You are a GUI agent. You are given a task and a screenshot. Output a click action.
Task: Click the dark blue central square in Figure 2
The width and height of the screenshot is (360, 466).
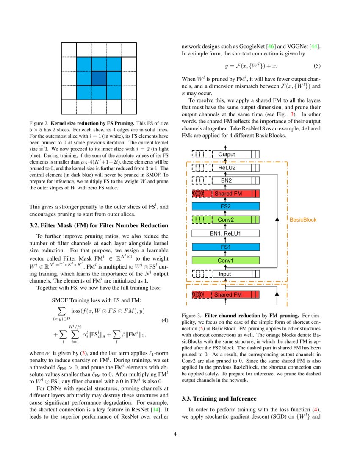[99, 78]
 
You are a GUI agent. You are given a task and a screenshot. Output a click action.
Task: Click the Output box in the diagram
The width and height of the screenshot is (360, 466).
[226, 155]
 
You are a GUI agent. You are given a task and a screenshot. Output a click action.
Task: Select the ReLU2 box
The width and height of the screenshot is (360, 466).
[226, 168]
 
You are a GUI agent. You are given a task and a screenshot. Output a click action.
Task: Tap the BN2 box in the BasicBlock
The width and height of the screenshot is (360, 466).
[226, 180]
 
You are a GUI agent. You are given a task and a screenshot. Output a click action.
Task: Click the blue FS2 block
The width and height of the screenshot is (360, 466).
[225, 206]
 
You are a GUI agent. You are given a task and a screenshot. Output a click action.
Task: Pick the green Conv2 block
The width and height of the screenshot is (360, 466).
[226, 219]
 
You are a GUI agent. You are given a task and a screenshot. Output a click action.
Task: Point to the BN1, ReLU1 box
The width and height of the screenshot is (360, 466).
[225, 233]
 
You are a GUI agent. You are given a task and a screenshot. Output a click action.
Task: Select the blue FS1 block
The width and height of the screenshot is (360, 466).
[225, 247]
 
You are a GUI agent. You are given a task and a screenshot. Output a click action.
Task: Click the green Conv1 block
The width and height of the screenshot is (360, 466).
[225, 260]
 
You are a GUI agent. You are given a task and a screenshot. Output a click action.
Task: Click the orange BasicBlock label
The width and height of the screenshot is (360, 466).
[303, 219]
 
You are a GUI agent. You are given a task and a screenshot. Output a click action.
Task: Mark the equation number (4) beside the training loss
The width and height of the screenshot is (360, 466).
[166, 320]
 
